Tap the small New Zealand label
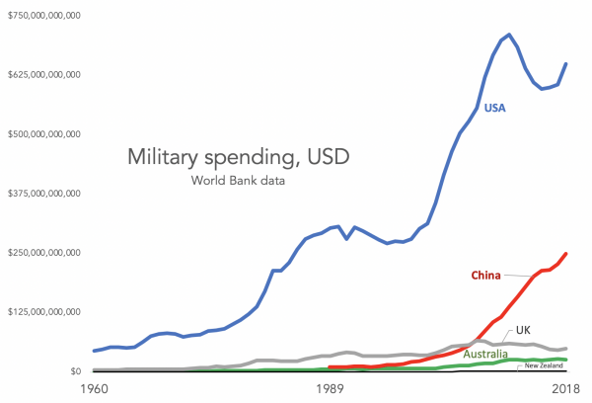click(x=544, y=365)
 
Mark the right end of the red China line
click(x=566, y=254)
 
